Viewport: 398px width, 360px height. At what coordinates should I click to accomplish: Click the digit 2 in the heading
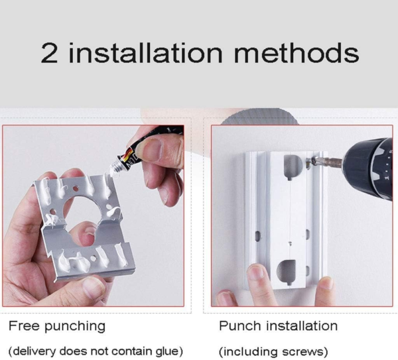(x=49, y=53)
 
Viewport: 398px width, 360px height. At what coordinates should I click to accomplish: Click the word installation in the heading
(x=145, y=53)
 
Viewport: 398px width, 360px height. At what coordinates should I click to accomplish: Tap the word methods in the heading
(x=297, y=53)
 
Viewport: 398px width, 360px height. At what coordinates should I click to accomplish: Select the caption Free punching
(x=57, y=326)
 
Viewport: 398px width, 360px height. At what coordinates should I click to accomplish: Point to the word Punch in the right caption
(x=240, y=326)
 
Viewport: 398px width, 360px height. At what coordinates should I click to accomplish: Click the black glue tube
(x=153, y=147)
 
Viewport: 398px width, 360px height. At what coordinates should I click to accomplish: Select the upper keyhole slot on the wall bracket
(x=293, y=167)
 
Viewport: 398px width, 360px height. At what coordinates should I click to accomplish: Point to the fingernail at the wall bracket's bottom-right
(x=324, y=283)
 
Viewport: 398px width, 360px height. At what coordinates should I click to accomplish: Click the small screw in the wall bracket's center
(x=291, y=243)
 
